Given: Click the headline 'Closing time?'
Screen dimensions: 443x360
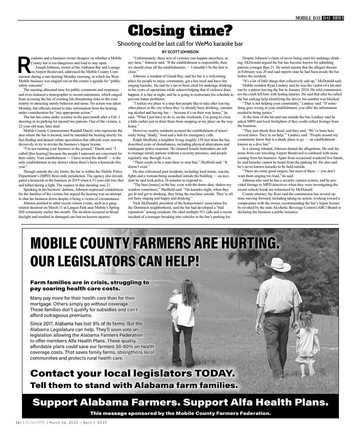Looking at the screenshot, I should [180, 31].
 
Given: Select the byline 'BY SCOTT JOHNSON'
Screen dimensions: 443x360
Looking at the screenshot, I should [180, 52].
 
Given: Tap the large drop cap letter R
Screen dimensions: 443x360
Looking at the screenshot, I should [23, 65].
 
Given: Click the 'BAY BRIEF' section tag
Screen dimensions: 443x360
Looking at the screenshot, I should [333, 18].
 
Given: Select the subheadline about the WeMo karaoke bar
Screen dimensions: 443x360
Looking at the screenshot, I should [180, 44].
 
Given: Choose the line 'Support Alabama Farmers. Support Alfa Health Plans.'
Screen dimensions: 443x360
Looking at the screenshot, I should [180, 403].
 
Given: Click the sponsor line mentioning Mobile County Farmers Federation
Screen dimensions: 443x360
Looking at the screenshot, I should [180, 414].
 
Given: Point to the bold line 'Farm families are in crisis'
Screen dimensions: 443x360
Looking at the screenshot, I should [90, 282].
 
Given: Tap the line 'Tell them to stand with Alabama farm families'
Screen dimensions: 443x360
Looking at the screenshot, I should [134, 385].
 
